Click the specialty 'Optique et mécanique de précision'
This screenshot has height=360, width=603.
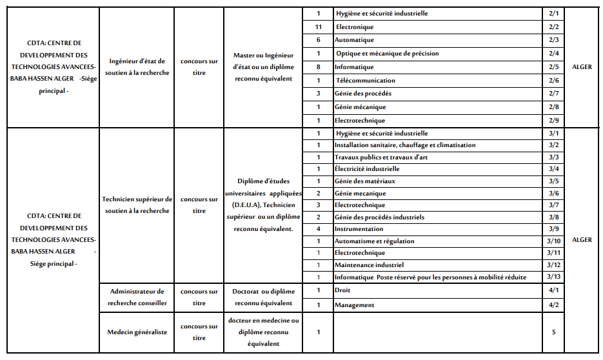387,54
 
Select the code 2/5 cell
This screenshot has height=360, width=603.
553,67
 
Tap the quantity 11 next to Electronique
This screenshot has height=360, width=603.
318,27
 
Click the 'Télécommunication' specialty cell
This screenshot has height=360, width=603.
366,81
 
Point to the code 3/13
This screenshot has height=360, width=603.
553,277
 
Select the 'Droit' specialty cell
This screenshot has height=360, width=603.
342,290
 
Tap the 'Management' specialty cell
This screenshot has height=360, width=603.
354,305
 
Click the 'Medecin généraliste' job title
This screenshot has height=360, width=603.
137,332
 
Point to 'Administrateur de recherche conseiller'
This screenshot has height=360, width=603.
137,297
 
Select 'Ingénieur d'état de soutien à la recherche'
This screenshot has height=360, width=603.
137,67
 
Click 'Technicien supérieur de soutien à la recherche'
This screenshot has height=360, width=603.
137,205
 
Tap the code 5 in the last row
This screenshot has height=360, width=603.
553,332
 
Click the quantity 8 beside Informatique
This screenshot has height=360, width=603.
318,67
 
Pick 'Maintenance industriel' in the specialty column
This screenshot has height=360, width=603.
369,265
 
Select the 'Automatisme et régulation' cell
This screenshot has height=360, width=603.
374,241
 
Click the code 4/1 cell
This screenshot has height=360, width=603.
553,290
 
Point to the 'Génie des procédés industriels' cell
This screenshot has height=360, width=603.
379,217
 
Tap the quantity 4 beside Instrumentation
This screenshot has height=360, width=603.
318,229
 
